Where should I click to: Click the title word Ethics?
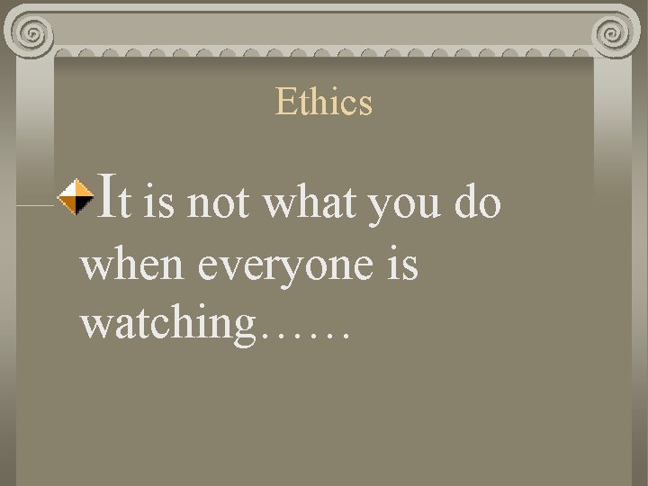(x=323, y=102)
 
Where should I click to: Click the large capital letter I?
(x=104, y=198)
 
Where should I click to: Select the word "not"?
(x=219, y=203)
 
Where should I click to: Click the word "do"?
(x=477, y=203)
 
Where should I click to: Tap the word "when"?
(x=133, y=265)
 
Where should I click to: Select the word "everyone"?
(x=281, y=266)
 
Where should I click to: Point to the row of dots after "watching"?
(x=303, y=337)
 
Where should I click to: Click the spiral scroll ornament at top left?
(x=32, y=33)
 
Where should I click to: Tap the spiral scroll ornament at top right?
(x=615, y=33)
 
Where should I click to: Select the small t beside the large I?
(x=127, y=205)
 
